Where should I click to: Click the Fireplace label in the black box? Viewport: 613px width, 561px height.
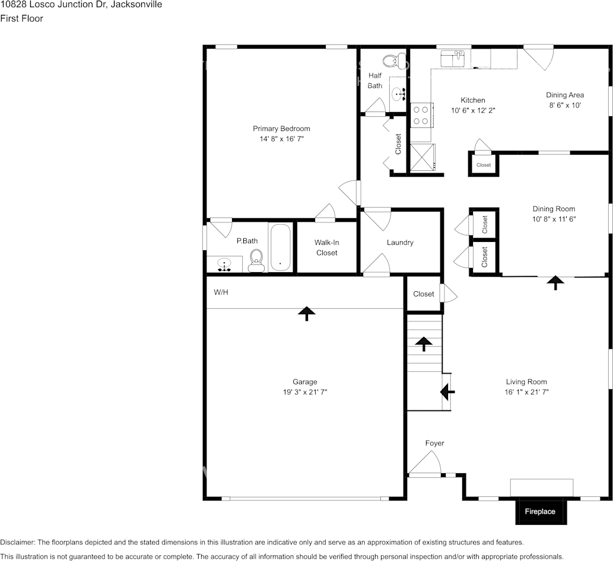point(540,511)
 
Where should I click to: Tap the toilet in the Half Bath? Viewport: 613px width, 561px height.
point(390,61)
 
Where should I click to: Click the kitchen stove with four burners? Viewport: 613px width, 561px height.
point(421,115)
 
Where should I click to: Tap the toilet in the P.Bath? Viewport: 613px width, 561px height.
point(256,260)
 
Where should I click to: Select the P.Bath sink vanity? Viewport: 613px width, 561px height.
point(224,264)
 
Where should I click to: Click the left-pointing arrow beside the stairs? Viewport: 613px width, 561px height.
point(447,391)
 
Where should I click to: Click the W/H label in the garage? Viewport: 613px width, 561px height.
point(221,292)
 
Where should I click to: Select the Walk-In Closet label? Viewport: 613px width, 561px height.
point(326,248)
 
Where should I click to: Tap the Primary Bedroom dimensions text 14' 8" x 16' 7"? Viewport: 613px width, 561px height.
point(281,139)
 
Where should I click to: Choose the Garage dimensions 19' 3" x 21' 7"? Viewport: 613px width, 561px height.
point(304,392)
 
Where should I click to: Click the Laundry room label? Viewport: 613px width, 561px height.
point(400,243)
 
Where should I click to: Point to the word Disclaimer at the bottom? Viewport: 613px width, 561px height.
point(17,542)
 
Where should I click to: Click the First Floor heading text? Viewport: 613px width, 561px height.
point(21,18)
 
